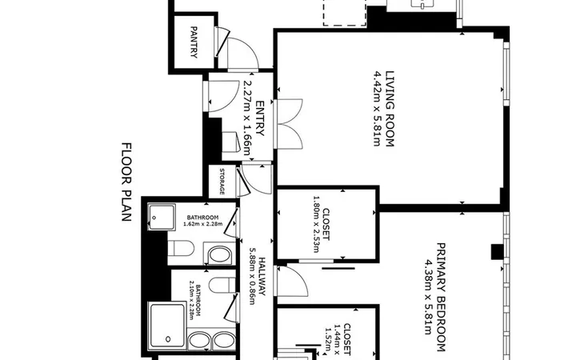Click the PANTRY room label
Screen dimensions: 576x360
pyautogui.click(x=194, y=42)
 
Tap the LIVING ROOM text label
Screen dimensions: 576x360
pyautogui.click(x=390, y=109)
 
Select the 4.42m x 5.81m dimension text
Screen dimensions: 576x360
pyautogui.click(x=378, y=109)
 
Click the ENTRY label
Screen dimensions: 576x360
pyautogui.click(x=260, y=118)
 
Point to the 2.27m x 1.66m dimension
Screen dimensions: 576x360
pyautogui.click(x=248, y=118)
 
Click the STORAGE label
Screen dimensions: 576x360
pyautogui.click(x=222, y=182)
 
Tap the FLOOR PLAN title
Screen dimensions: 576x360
pyautogui.click(x=126, y=182)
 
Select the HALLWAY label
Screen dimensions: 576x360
pyautogui.click(x=262, y=276)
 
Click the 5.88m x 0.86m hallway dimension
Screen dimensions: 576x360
pyautogui.click(x=252, y=275)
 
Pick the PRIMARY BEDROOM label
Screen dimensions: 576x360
pyautogui.click(x=441, y=297)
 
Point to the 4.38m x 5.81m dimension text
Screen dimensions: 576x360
pyautogui.click(x=428, y=297)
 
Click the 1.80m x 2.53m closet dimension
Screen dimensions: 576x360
pyautogui.click(x=316, y=224)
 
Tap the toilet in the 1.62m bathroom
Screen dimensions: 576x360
pyautogui.click(x=181, y=248)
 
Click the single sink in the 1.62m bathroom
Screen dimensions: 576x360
pyautogui.click(x=220, y=254)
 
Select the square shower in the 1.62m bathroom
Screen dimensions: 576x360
pyautogui.click(x=162, y=218)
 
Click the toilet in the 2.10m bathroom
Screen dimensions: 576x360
pyautogui.click(x=222, y=285)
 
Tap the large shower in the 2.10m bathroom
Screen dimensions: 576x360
pyautogui.click(x=167, y=326)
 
